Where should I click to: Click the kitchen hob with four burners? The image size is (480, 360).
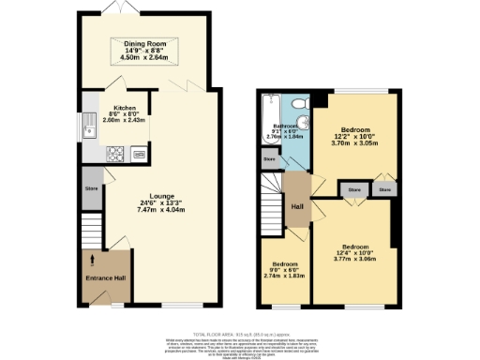click(x=116, y=152)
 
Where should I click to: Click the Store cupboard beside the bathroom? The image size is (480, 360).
click(x=270, y=160)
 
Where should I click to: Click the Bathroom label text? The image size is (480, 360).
click(x=285, y=125)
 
